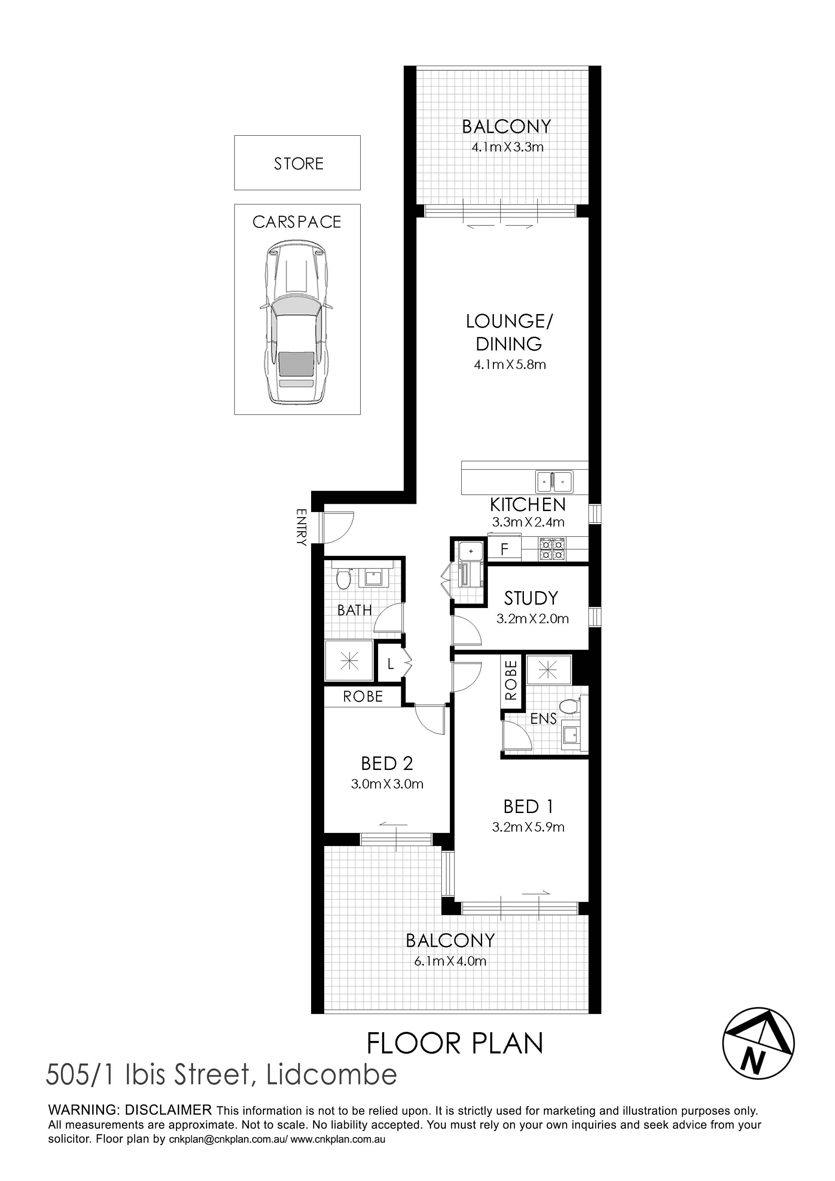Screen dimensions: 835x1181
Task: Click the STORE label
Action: click(298, 164)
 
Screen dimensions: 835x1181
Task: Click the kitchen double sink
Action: click(554, 482)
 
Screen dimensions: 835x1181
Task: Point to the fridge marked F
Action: click(505, 549)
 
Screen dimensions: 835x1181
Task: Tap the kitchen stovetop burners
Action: click(552, 549)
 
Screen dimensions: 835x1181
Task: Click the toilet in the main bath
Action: click(343, 578)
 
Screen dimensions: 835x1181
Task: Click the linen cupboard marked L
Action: click(390, 664)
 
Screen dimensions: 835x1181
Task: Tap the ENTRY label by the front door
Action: click(302, 527)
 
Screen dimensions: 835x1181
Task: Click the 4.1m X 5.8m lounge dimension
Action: click(510, 365)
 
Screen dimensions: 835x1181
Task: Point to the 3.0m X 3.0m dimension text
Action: click(387, 784)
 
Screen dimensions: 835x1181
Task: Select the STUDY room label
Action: click(531, 598)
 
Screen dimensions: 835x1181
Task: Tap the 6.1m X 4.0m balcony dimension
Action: click(450, 961)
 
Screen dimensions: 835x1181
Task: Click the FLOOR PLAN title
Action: click(455, 1044)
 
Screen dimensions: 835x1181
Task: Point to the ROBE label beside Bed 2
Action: click(363, 696)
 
